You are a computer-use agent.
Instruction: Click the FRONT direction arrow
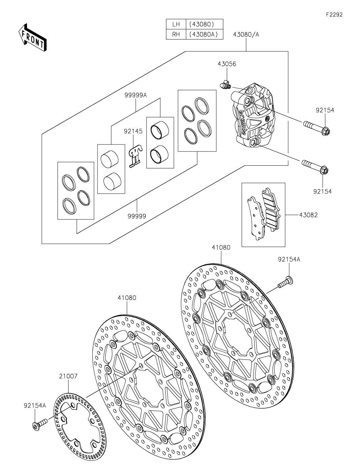pos(32,37)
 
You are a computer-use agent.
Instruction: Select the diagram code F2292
pos(334,15)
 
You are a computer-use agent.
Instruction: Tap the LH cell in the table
pos(176,24)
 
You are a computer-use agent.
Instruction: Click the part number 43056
pos(227,64)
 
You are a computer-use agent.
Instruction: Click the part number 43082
pos(308,215)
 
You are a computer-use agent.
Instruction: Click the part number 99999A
pos(136,95)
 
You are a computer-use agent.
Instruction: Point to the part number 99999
pos(137,216)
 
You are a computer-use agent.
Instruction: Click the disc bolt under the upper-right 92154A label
pos(285,282)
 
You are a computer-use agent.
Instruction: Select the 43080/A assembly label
pos(246,34)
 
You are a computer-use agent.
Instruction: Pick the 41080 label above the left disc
pos(127,298)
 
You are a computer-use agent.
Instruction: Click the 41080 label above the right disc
pos(221,248)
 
